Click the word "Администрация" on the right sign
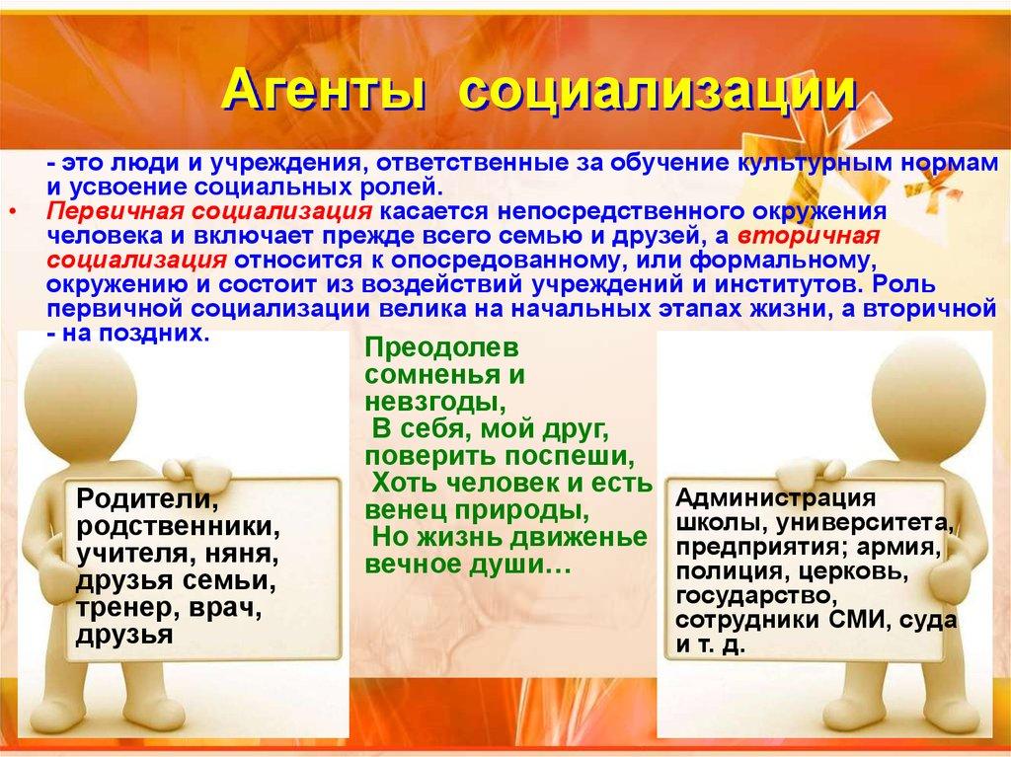(x=777, y=497)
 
